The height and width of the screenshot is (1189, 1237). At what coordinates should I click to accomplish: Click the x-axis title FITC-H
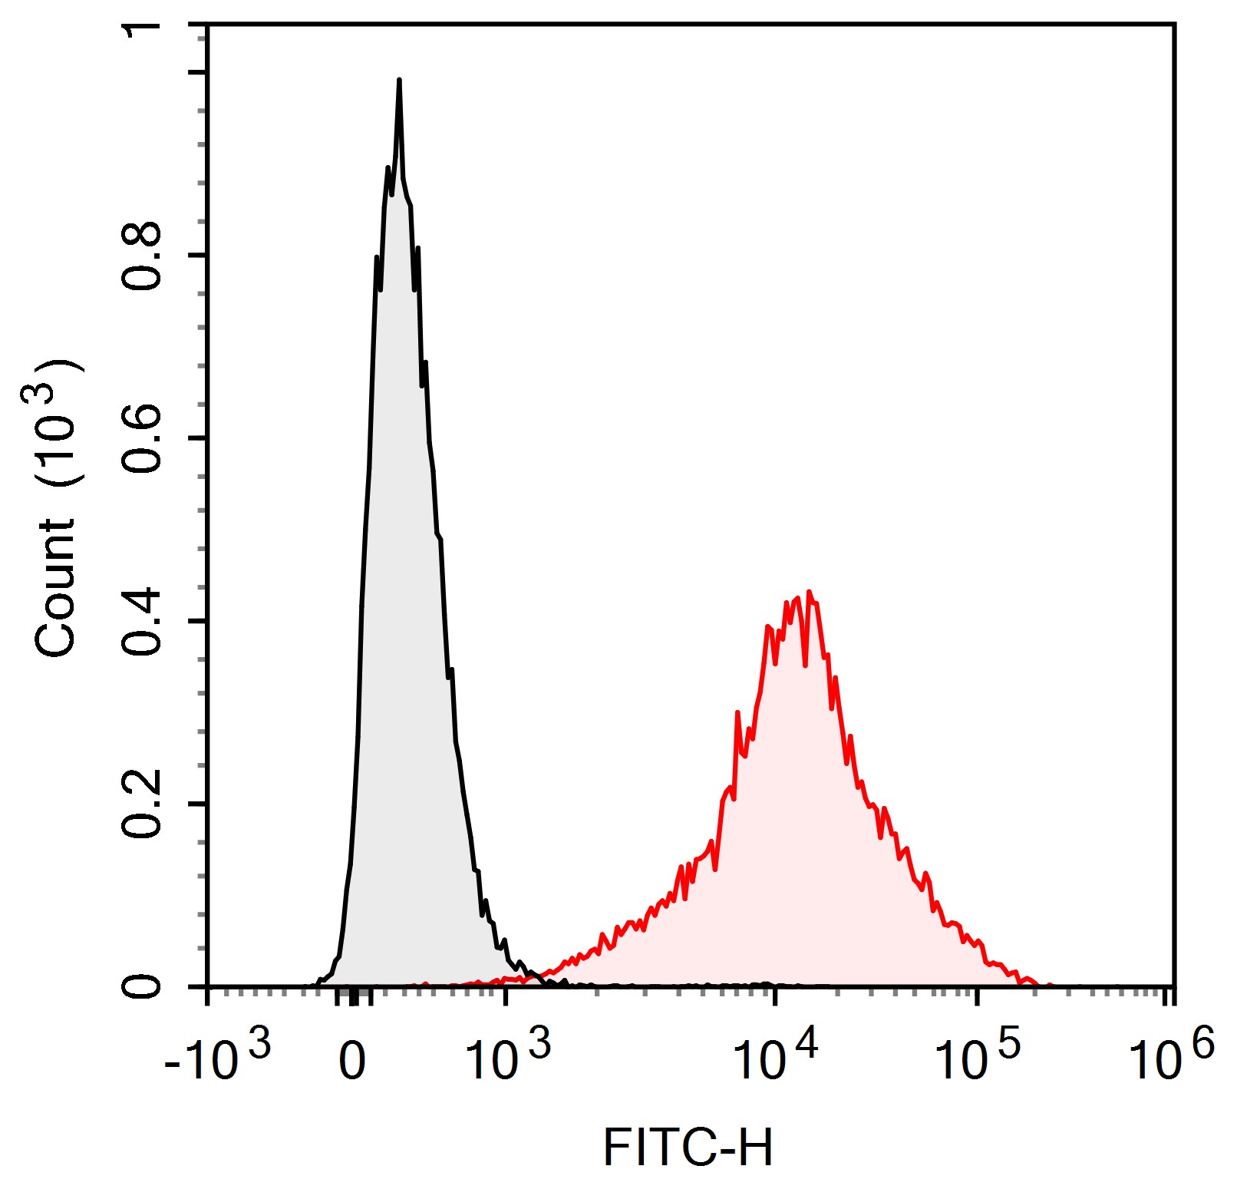tap(688, 1148)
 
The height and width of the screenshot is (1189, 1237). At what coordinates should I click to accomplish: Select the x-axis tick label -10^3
tap(217, 1059)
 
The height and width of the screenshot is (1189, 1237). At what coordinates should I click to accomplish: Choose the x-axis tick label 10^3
tap(507, 1059)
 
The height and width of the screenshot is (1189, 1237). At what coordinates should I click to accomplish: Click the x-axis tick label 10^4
tap(776, 1059)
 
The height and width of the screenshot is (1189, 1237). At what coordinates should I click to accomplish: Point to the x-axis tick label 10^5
tap(977, 1059)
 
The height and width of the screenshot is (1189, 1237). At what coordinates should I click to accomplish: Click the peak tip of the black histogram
tap(399, 81)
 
